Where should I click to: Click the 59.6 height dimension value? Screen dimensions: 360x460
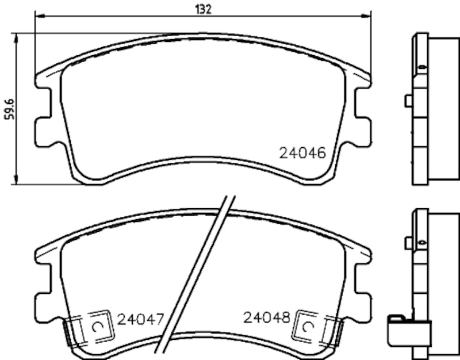click(x=9, y=109)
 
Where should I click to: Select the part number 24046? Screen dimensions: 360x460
click(x=302, y=153)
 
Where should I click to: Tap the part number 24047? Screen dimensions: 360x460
click(x=141, y=318)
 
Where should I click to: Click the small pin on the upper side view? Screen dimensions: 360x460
click(x=408, y=101)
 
